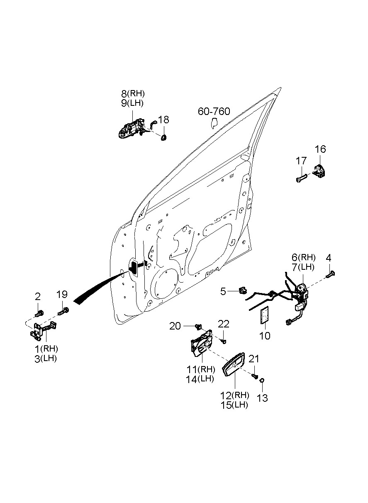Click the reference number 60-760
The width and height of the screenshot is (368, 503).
pyautogui.click(x=214, y=112)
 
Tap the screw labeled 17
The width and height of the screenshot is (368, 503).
pyautogui.click(x=301, y=178)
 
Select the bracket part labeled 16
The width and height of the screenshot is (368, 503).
pyautogui.click(x=319, y=171)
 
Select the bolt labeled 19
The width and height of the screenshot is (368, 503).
pyautogui.click(x=64, y=311)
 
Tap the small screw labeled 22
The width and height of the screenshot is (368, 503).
pyautogui.click(x=224, y=341)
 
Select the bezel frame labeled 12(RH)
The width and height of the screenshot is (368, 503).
pyautogui.click(x=234, y=366)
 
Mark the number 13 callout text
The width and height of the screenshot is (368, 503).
pyautogui.click(x=263, y=398)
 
